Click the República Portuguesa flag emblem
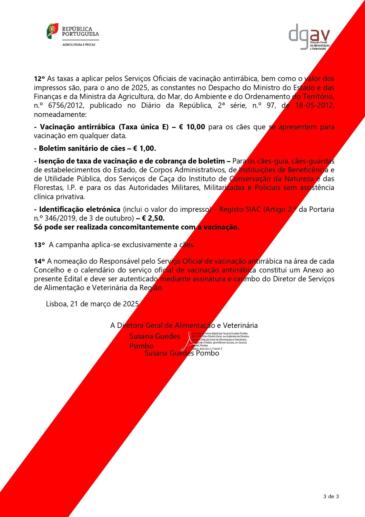pos(52,31)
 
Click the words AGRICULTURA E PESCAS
pos(79,45)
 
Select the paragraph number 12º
pos(39,79)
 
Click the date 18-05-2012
pos(315,105)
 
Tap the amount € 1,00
pos(144,149)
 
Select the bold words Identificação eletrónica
pos(80,209)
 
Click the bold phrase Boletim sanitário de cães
pos(82,149)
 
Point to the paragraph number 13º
pos(39,245)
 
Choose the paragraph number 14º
pos(39,261)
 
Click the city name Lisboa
pos(57,304)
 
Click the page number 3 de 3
pos(331,497)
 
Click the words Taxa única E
pos(144,127)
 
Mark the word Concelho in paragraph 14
pos(49,270)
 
